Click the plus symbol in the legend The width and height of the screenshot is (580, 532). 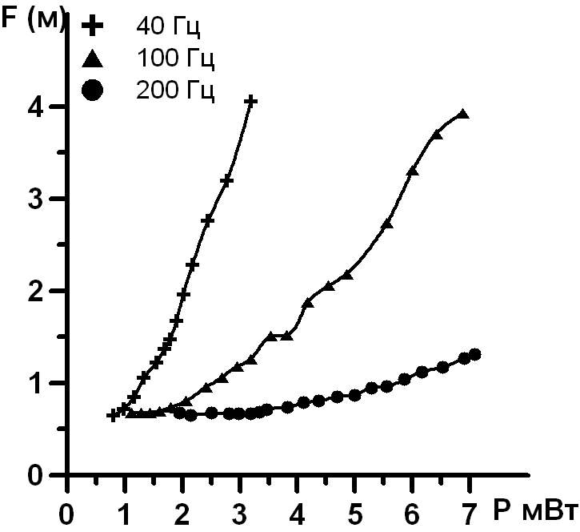93,26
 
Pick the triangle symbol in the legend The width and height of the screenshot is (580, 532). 93,58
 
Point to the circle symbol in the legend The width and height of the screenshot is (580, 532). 93,90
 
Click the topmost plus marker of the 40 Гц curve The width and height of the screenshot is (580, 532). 250,101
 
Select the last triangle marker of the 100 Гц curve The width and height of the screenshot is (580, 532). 462,115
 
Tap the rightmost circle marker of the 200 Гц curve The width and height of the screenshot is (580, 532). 474,354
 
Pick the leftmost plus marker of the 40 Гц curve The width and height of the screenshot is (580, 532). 113,415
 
